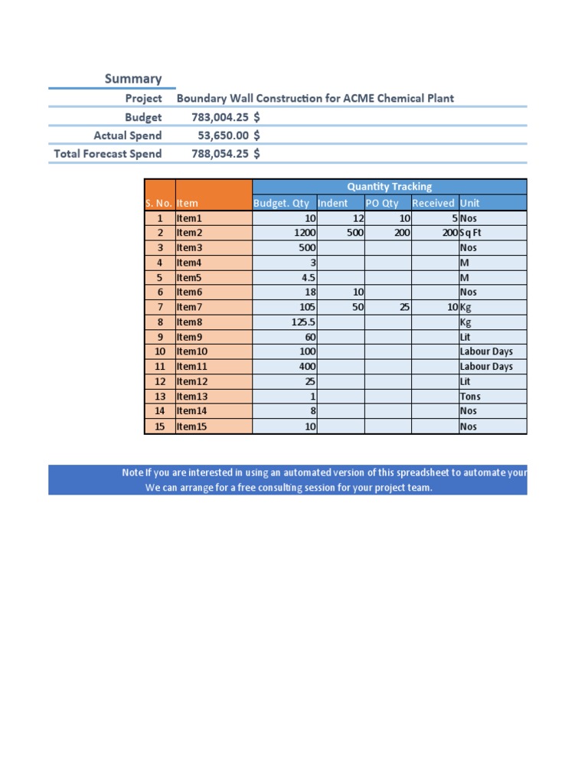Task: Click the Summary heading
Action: (x=133, y=79)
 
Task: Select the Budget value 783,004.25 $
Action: (x=225, y=117)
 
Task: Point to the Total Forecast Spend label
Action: (x=107, y=154)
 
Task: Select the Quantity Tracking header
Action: (x=389, y=187)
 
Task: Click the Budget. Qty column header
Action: (x=281, y=203)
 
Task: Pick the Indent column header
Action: (x=332, y=203)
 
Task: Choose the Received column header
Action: (x=433, y=203)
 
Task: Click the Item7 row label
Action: (x=189, y=307)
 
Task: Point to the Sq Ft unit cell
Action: (x=470, y=233)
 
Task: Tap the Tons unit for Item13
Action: (x=470, y=397)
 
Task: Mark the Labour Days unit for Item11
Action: (x=486, y=367)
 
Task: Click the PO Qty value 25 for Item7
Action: (x=404, y=307)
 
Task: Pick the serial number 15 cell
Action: (x=160, y=426)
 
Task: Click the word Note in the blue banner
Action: (x=132, y=472)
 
